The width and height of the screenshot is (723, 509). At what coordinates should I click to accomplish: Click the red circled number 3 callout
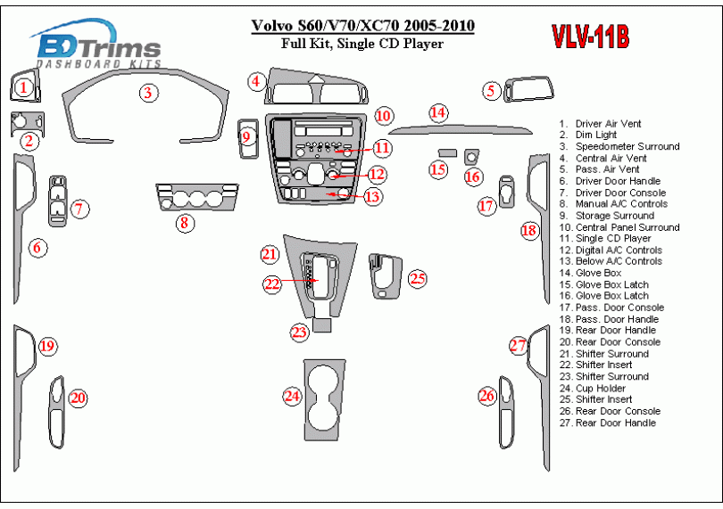point(148,93)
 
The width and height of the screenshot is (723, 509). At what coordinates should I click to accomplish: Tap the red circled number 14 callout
point(438,113)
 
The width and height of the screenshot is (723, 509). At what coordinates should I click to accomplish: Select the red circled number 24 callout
point(292,396)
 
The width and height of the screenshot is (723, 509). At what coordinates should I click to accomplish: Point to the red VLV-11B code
point(591,37)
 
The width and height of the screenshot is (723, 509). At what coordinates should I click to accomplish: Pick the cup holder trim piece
point(324,394)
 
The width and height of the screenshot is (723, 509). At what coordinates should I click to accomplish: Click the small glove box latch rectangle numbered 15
point(447,152)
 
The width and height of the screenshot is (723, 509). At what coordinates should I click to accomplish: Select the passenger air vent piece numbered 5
point(529,89)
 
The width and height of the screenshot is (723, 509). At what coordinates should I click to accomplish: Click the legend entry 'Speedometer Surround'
point(627,146)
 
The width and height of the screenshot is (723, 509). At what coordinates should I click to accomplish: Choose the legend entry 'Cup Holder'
point(601,389)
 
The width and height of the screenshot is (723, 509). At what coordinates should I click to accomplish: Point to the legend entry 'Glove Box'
point(599,273)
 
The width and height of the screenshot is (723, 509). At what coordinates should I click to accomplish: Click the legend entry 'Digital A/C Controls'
point(619,250)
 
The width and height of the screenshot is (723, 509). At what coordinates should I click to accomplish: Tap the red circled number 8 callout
point(185,224)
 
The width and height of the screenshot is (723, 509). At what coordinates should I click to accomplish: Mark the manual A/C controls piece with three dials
point(197,197)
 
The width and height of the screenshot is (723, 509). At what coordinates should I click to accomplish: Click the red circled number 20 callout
point(78,398)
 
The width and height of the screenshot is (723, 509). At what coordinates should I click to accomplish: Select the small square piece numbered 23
point(321,324)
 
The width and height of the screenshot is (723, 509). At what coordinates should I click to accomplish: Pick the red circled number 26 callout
point(487,396)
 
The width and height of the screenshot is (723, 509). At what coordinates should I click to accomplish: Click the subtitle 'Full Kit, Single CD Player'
point(362,44)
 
